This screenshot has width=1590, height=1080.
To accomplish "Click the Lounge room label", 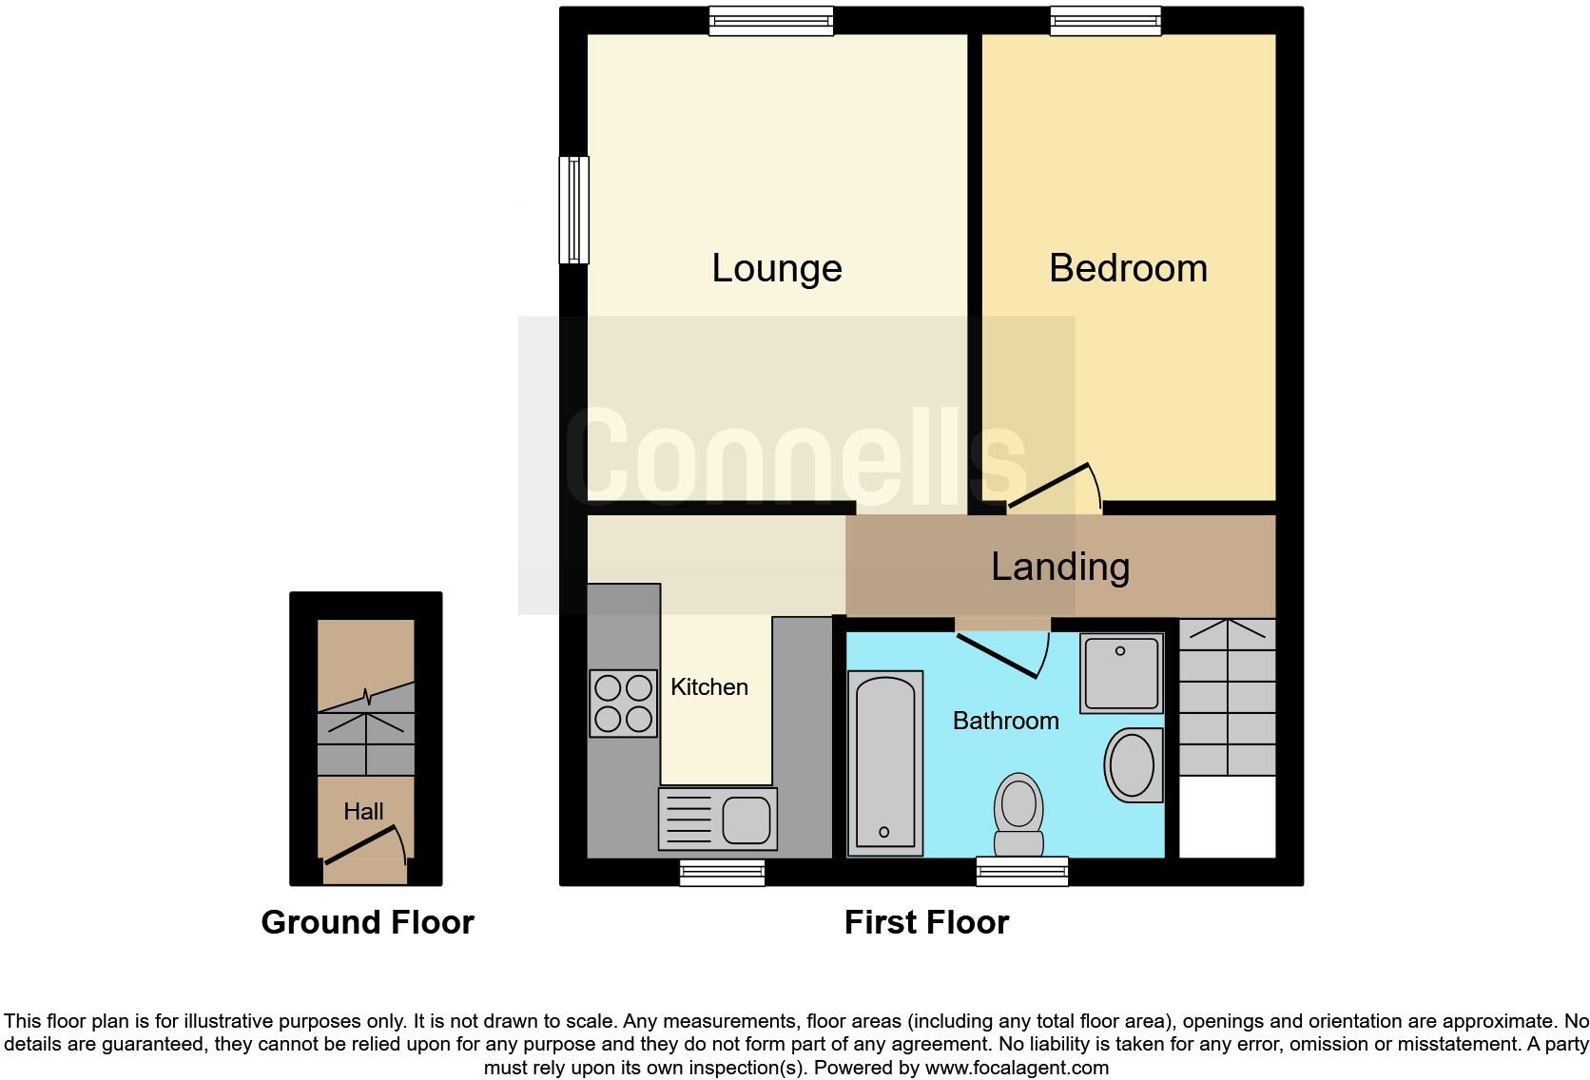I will click(x=776, y=268).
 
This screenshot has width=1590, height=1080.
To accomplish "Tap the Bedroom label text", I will click(x=1128, y=268).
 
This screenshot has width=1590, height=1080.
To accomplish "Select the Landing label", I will click(x=1060, y=567).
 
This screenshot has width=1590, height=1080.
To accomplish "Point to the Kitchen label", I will click(x=708, y=686).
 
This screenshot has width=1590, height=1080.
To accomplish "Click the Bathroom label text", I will click(x=1005, y=721).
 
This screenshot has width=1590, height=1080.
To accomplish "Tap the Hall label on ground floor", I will click(x=363, y=811).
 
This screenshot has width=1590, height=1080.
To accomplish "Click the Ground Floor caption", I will click(x=367, y=922).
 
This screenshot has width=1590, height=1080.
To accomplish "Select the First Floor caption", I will click(x=926, y=922).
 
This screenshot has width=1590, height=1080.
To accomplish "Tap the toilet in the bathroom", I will click(x=1018, y=813).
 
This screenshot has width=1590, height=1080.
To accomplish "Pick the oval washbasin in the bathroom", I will click(x=1133, y=764).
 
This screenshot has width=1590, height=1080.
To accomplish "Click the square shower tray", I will click(x=1121, y=673).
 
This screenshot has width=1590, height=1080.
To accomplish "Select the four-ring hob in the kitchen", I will click(x=623, y=704).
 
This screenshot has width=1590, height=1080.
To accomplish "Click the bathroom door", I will click(x=998, y=655).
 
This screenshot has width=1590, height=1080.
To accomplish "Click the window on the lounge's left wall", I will click(x=573, y=209).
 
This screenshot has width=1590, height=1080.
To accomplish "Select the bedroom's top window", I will click(x=1105, y=21).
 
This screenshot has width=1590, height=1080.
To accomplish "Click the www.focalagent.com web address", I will click(x=1016, y=1068).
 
